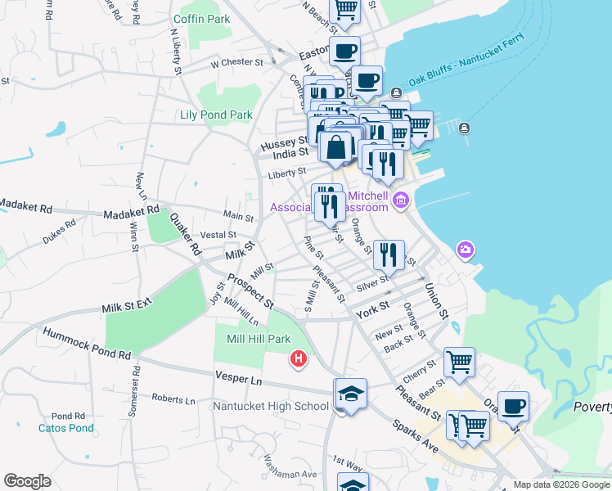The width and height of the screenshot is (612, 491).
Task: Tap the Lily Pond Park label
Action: coord(216,115)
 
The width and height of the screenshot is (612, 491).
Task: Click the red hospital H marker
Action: coord(299,358)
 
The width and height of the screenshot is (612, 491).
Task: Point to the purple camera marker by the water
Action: coord(466,249)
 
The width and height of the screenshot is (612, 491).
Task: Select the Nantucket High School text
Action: coord(270,406)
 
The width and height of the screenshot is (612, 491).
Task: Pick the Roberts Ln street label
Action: coord(173,400)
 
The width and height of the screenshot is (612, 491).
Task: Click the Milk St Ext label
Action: coord(127,307)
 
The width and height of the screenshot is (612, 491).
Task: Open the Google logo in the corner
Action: coord(27,481)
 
